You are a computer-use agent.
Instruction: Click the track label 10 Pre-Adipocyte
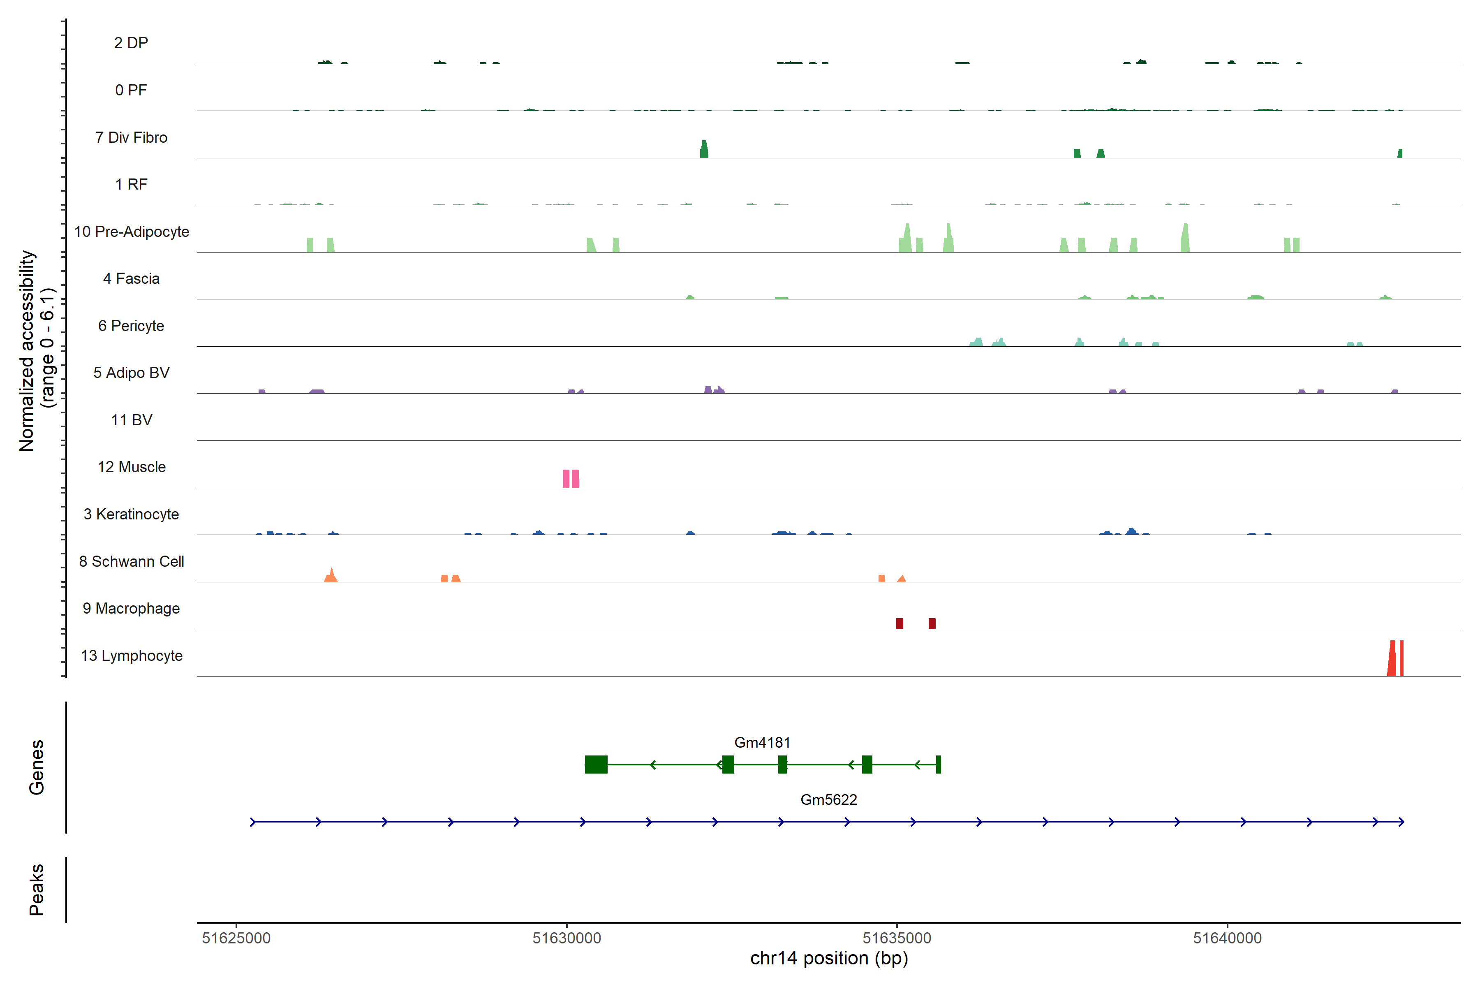[132, 232]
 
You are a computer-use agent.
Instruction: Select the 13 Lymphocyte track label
[132, 656]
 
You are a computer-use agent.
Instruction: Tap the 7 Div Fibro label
[132, 137]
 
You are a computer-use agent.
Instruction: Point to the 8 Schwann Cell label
[132, 561]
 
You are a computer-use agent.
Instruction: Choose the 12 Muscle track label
[132, 467]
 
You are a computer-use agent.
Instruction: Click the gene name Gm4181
[762, 743]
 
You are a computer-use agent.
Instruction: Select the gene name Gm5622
[829, 800]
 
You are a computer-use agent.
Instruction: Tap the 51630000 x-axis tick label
[567, 938]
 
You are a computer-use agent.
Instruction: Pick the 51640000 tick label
[1227, 938]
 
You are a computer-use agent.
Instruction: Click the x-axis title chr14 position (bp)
[829, 959]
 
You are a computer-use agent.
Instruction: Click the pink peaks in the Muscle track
[571, 479]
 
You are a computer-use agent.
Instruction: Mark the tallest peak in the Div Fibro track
[704, 150]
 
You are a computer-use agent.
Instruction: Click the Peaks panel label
[37, 890]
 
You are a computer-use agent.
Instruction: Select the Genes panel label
[37, 767]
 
